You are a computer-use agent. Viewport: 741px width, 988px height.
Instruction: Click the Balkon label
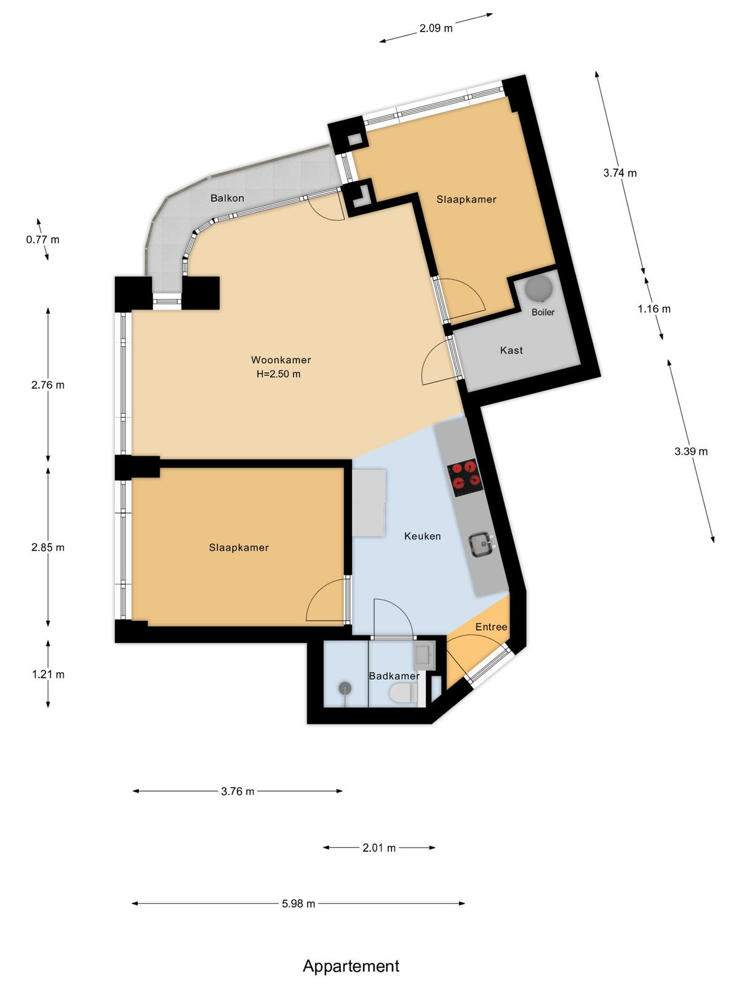[227, 198]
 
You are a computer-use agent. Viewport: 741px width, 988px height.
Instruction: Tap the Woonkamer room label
[281, 359]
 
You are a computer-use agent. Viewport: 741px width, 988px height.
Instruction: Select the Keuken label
[422, 536]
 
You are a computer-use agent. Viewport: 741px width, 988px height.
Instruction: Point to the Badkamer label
[394, 676]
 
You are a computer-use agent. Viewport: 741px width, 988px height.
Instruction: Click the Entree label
[492, 627]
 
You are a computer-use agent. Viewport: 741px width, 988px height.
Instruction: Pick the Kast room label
[511, 350]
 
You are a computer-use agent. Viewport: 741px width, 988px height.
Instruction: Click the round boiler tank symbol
[539, 288]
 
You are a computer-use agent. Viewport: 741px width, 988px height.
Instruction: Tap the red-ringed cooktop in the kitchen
[464, 477]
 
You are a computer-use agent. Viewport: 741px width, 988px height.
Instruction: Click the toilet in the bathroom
[404, 693]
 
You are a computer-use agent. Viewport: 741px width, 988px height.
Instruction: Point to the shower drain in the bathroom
[345, 689]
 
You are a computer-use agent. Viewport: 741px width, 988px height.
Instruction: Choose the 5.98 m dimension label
[298, 903]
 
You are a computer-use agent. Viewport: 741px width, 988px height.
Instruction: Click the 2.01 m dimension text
[379, 848]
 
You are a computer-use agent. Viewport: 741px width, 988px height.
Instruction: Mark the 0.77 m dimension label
[43, 240]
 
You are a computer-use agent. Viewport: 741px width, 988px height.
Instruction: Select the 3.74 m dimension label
[620, 173]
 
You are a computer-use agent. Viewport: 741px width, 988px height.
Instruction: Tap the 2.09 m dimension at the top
[436, 28]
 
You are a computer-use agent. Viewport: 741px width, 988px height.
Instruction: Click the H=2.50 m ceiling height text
[278, 374]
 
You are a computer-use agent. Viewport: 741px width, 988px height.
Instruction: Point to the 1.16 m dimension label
[654, 309]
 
